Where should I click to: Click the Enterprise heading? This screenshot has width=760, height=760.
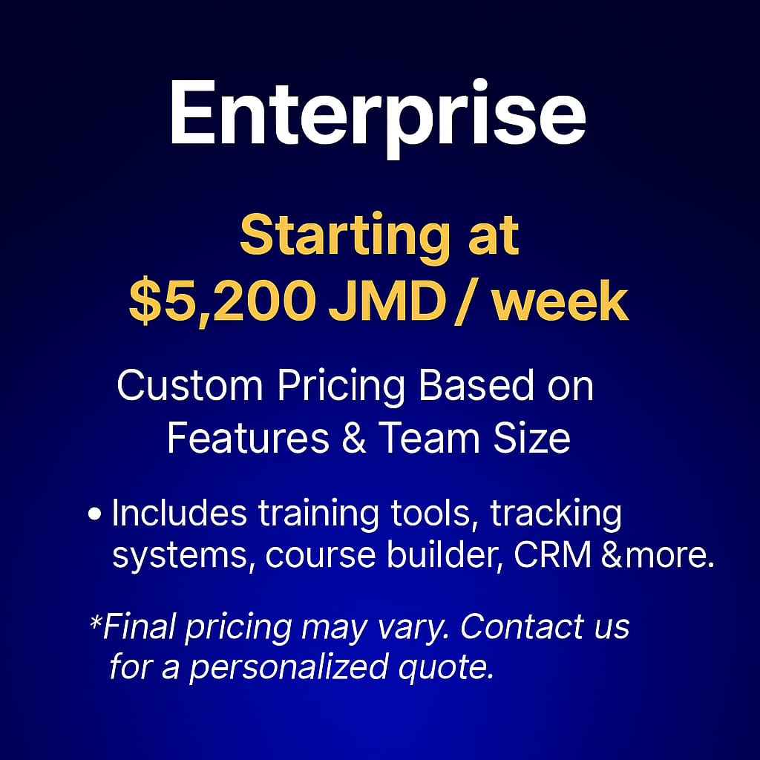378,117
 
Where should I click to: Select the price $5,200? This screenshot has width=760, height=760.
222,303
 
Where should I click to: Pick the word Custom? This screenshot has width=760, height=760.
190,386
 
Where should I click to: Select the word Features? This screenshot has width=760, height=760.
248,438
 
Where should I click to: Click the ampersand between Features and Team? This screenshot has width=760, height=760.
354,438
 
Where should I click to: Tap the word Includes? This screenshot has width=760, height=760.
180,513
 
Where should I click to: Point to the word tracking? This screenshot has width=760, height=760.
555,516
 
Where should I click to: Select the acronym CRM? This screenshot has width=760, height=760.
552,555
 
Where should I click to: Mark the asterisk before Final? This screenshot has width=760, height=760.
96,621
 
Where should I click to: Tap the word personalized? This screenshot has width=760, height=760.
289,669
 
